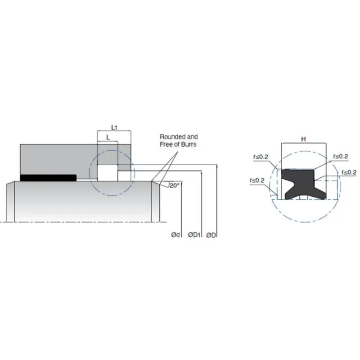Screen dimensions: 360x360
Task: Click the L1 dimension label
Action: (x=114, y=127)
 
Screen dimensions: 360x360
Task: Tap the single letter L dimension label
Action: (x=108, y=137)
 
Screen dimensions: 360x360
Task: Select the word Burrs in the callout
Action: (x=188, y=144)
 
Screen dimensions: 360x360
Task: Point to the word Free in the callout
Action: (x=166, y=144)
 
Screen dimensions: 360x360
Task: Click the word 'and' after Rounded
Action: (x=192, y=137)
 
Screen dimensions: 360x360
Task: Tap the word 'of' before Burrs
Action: (x=177, y=144)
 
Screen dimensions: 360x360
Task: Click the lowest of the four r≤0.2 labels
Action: (x=256, y=180)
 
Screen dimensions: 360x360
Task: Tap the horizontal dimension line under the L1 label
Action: (x=114, y=131)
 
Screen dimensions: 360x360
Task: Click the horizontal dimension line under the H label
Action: (x=304, y=144)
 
